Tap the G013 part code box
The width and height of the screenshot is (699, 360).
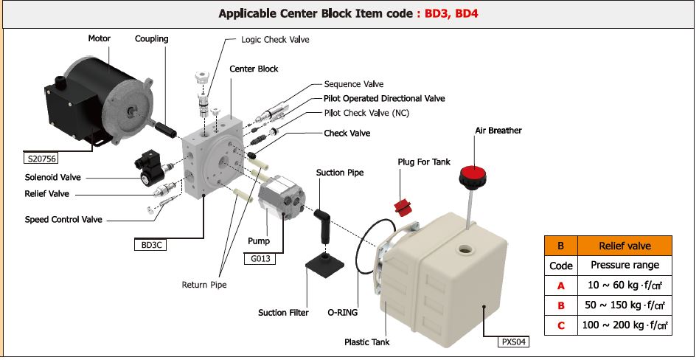(259, 257)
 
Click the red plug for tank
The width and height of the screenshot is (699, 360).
(403, 207)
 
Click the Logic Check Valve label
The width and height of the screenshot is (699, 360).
(275, 39)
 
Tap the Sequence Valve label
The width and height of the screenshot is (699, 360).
(354, 84)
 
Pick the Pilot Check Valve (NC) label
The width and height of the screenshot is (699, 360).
(366, 113)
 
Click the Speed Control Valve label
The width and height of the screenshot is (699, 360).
(63, 220)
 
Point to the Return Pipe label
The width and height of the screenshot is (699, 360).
(204, 284)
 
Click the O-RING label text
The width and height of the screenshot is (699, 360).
(342, 312)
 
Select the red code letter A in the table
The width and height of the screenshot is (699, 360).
(560, 285)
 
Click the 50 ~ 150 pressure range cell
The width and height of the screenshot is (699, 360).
(625, 305)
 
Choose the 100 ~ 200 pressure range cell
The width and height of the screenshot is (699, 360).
(625, 325)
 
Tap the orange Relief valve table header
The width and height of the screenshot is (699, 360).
(625, 246)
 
